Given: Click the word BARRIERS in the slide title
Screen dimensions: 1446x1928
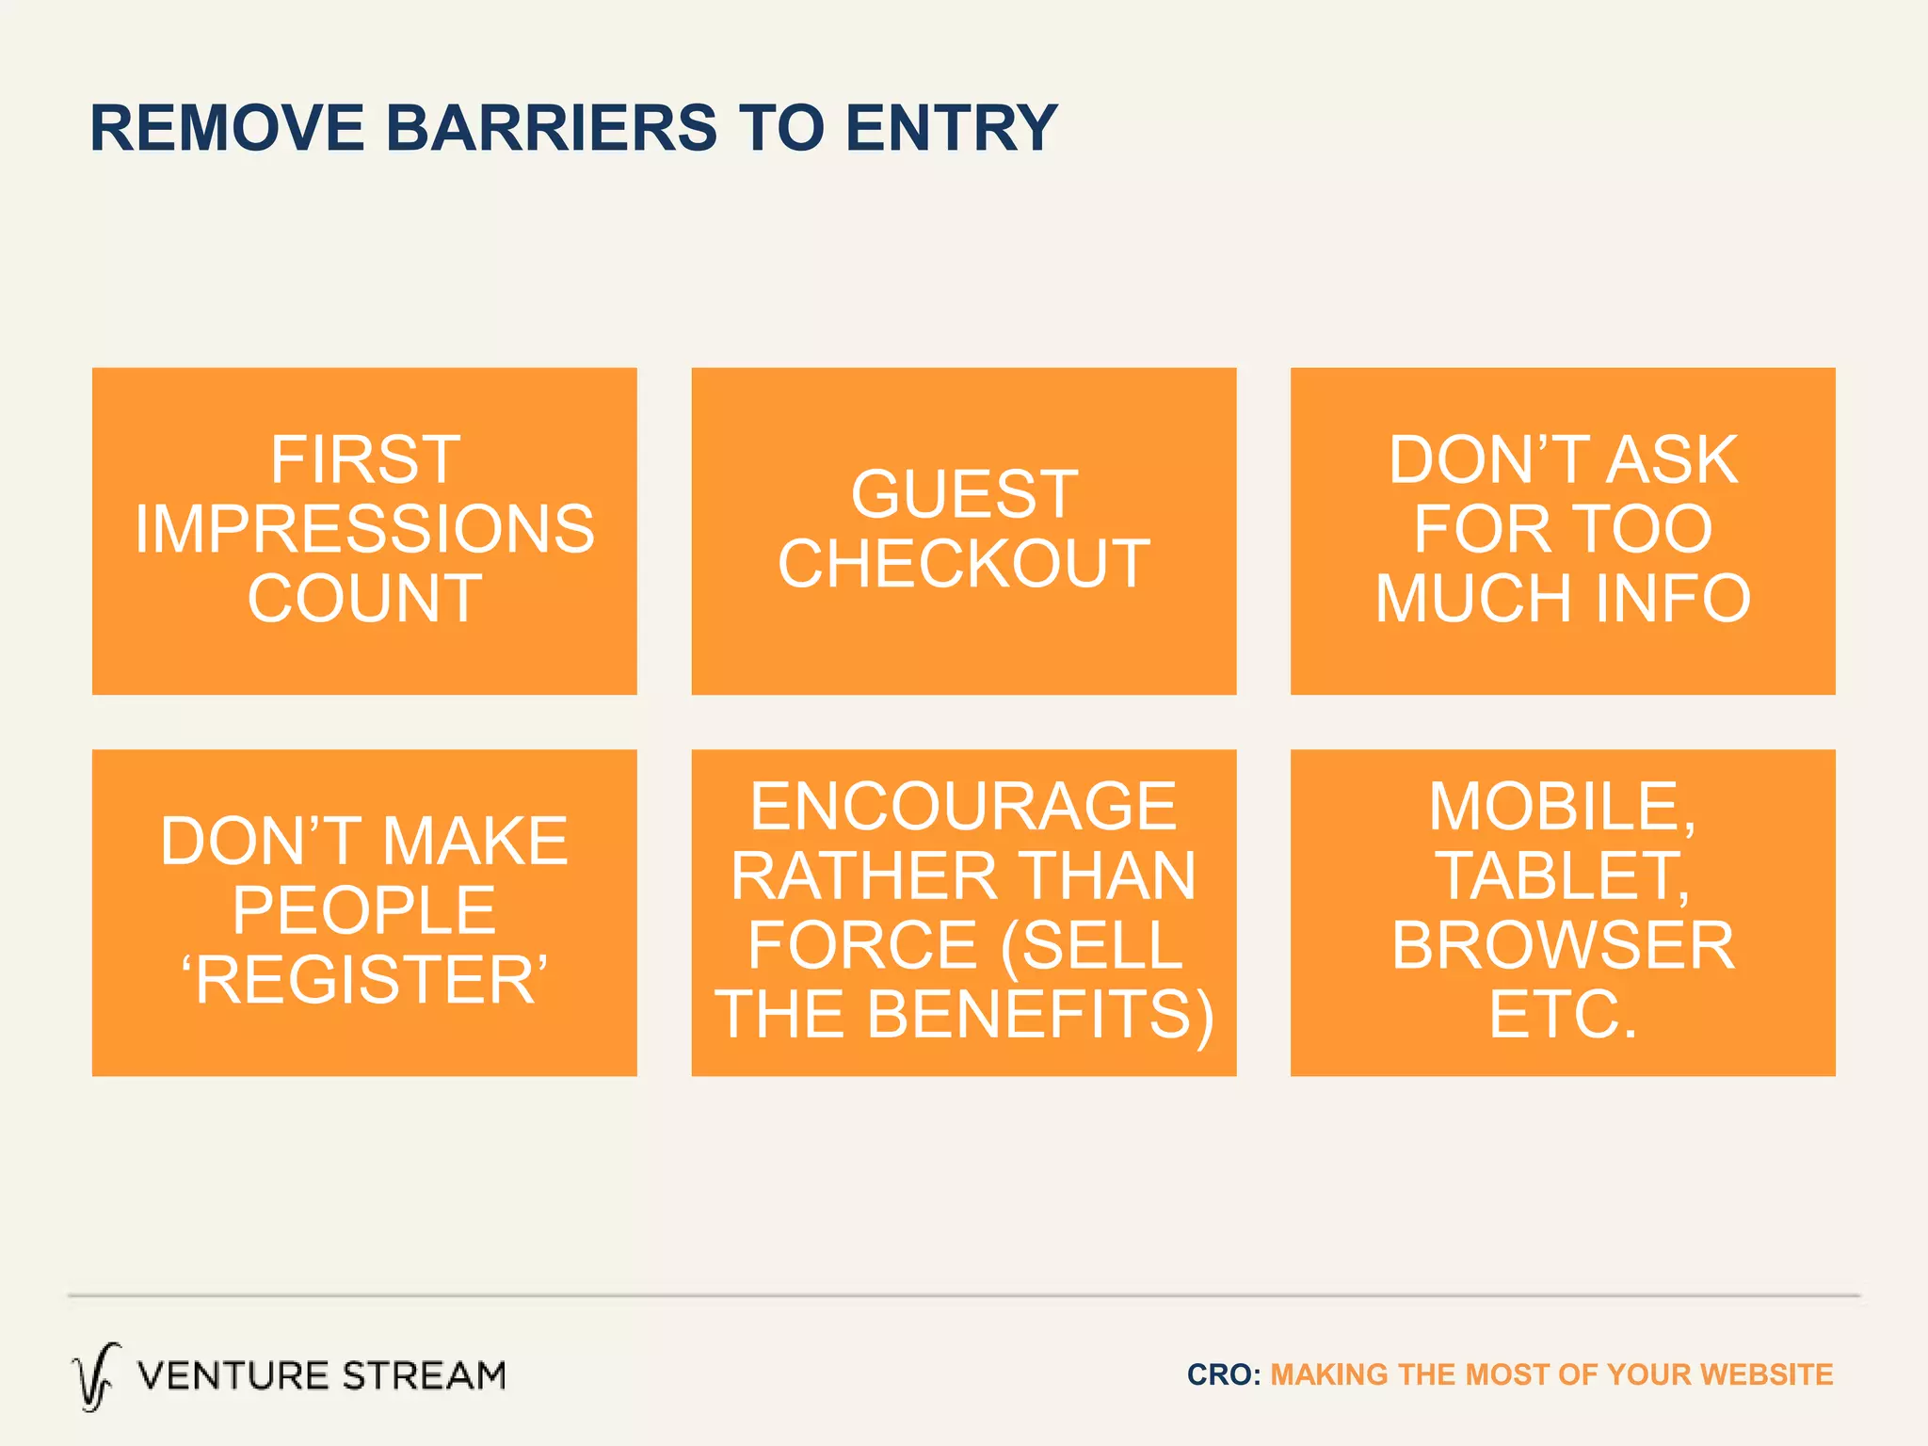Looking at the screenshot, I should (552, 128).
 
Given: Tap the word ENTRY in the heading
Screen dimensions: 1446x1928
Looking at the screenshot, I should (951, 128).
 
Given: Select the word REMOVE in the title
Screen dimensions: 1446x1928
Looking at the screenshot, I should (227, 128).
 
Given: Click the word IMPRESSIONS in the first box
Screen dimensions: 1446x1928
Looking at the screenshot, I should (364, 529).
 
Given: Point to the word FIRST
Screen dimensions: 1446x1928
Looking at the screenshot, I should (365, 459).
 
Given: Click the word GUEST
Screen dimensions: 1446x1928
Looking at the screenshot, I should (964, 494).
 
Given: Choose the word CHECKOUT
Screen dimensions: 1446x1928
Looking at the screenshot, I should (964, 564).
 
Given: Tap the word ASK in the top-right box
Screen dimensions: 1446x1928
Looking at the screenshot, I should (1672, 459).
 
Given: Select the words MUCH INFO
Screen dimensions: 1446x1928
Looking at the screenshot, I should (1563, 599).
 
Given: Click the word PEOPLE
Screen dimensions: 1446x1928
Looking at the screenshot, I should (364, 910).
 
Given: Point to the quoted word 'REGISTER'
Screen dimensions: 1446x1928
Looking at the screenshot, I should (364, 980).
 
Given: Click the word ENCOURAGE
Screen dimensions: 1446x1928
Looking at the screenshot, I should (963, 807).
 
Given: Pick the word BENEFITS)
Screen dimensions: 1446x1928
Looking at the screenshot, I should (1039, 1015).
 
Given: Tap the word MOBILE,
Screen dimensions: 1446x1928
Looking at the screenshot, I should (1563, 807).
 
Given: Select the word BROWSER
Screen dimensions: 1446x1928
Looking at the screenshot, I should (1563, 945).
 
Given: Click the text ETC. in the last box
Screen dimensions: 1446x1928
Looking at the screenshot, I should (1563, 1015).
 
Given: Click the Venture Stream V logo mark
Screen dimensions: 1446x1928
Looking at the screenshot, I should (96, 1376).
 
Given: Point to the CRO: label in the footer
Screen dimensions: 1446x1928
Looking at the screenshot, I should (1223, 1374).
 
